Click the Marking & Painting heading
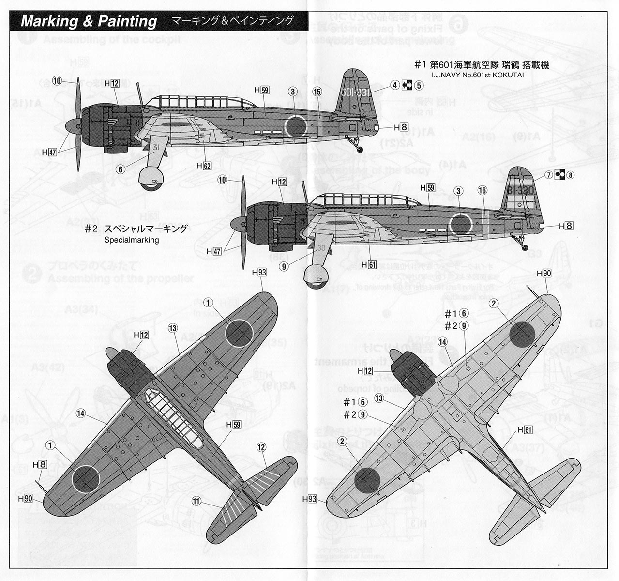89,21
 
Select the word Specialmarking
132,240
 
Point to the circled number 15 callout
317,92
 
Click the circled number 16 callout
482,190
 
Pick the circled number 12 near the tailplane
261,447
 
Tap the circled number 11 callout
196,501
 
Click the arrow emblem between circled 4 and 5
407,85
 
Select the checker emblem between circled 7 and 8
559,175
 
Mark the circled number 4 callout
395,85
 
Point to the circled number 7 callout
548,175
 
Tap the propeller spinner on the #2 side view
238,224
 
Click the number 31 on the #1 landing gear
156,148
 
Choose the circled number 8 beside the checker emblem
571,175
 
